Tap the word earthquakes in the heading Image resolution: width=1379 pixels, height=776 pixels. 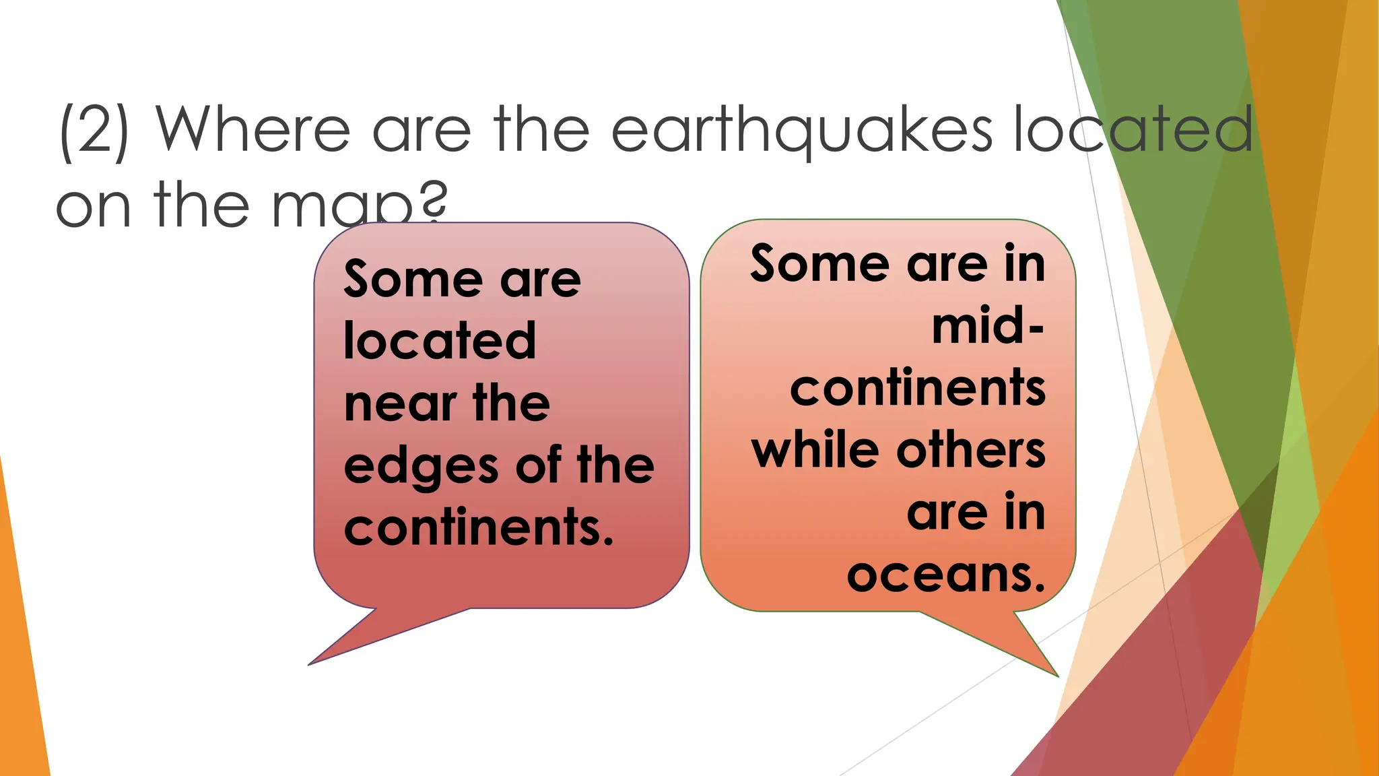point(801,131)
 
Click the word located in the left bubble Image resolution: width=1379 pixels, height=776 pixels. point(440,341)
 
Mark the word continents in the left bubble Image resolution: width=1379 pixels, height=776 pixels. point(478,528)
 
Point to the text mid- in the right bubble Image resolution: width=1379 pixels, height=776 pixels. point(988,327)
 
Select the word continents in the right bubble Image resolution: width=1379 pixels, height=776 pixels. point(918,389)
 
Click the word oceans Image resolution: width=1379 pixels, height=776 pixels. point(945,575)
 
